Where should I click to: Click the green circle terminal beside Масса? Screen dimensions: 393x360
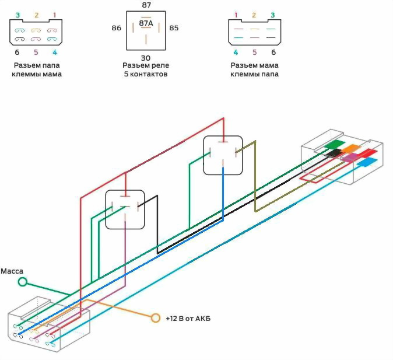tap(23, 282)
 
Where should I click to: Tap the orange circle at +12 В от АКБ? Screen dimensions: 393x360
tap(156, 318)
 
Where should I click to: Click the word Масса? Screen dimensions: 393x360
tap(12, 271)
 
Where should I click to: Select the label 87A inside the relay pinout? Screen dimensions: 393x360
tap(146, 23)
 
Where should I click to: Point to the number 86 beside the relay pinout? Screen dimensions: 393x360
tap(116, 28)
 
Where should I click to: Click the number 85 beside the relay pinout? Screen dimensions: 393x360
tap(174, 28)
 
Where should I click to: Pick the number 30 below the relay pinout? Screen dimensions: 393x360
tap(146, 58)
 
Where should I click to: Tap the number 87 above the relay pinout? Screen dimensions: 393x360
tap(146, 5)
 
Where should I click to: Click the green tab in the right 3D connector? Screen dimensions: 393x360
tap(335, 144)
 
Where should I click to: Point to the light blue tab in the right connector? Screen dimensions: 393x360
tap(367, 162)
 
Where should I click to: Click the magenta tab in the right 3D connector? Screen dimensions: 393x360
tap(350, 158)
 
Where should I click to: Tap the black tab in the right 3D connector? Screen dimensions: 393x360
tap(334, 152)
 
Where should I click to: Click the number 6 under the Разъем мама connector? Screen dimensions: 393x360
tap(273, 52)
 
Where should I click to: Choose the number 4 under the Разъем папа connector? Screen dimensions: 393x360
tap(55, 52)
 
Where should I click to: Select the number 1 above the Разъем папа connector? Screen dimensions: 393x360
tap(54, 15)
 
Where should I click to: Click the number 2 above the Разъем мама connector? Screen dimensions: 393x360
tap(254, 15)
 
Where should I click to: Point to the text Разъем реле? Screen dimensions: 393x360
tap(146, 65)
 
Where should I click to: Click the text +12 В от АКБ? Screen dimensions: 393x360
tap(188, 319)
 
